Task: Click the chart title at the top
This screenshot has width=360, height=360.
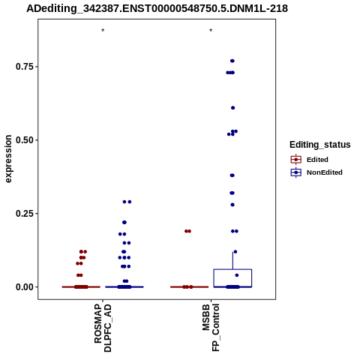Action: click(157, 8)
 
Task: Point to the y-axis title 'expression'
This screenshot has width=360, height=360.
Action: click(8, 159)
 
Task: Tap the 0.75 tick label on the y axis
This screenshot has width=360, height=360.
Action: click(25, 67)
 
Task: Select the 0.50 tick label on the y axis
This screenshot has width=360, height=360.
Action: click(25, 140)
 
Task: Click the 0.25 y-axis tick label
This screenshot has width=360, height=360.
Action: click(25, 214)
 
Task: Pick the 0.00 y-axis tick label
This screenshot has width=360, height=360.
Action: click(25, 287)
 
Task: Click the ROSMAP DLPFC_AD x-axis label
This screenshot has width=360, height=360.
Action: click(103, 328)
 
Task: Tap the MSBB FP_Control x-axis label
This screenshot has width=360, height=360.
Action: click(211, 328)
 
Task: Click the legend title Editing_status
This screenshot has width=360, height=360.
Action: click(320, 145)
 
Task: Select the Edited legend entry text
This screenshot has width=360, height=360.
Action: click(317, 160)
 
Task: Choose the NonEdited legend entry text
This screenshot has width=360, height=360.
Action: click(325, 172)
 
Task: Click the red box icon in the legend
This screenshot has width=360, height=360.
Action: click(296, 160)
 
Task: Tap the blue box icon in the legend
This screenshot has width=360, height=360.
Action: click(296, 172)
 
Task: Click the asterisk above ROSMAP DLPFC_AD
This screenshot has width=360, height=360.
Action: click(103, 31)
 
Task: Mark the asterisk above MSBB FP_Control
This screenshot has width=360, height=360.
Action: click(211, 31)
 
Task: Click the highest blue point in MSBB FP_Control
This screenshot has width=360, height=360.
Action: click(232, 61)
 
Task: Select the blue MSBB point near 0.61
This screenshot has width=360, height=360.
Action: click(232, 108)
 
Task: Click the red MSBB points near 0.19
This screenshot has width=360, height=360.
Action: click(187, 231)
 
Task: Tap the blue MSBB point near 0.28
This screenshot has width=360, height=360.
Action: click(232, 205)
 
